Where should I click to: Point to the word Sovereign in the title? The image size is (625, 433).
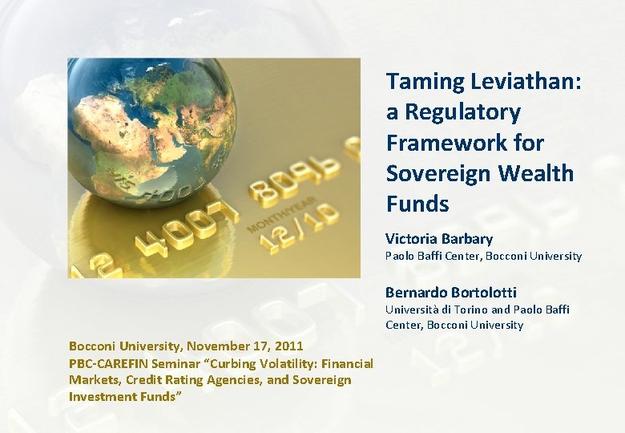pyautogui.click(x=439, y=173)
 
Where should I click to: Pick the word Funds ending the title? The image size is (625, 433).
pyautogui.click(x=417, y=204)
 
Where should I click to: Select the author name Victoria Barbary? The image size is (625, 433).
pyautogui.click(x=438, y=239)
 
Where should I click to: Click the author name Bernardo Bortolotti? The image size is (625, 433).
pyautogui.click(x=450, y=292)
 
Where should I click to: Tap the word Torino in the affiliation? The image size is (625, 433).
pyautogui.click(x=469, y=310)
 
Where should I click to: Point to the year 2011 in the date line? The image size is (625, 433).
pyautogui.click(x=289, y=346)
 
